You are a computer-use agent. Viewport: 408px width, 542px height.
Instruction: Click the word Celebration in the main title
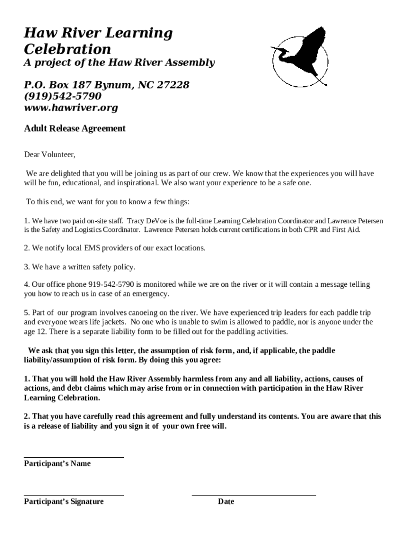click(x=67, y=49)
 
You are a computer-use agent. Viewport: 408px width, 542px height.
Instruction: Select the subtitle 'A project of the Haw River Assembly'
click(x=119, y=63)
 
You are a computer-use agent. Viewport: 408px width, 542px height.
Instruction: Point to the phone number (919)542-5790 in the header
click(x=63, y=96)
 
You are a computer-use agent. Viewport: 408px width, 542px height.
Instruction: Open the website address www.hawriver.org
click(x=71, y=108)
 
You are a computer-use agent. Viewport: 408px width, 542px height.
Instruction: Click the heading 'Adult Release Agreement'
click(x=75, y=129)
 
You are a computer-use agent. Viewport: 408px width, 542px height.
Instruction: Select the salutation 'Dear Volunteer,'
click(x=50, y=155)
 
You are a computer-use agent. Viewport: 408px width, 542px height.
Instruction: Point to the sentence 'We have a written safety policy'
click(x=83, y=267)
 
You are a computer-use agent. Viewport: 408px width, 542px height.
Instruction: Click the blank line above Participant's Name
click(x=74, y=457)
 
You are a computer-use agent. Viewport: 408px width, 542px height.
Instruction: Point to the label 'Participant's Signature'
click(x=64, y=502)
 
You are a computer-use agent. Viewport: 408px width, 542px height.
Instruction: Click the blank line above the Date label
click(x=253, y=495)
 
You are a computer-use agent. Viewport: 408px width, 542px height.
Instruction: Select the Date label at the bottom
click(x=226, y=502)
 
